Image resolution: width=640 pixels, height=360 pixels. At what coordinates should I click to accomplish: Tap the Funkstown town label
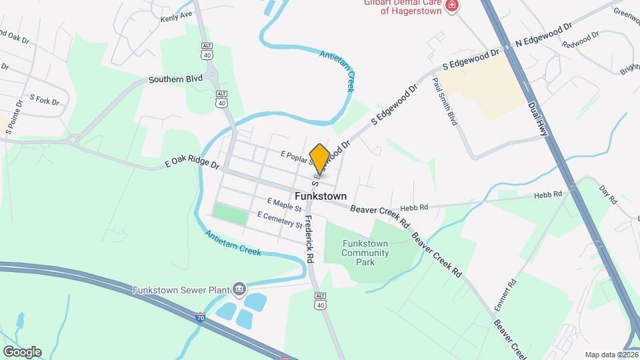(321, 197)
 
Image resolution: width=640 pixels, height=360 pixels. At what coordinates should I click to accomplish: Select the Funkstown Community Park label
(365, 253)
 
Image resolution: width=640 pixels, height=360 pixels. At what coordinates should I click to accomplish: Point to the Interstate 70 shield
(201, 319)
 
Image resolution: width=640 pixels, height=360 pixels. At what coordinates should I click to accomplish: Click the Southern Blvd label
(175, 79)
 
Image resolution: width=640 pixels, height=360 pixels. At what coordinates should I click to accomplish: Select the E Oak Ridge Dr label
(192, 163)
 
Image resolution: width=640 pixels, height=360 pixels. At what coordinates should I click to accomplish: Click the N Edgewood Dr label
(544, 35)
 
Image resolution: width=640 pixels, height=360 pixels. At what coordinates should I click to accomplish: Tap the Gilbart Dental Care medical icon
(453, 6)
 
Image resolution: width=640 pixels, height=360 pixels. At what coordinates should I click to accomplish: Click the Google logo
(21, 351)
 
